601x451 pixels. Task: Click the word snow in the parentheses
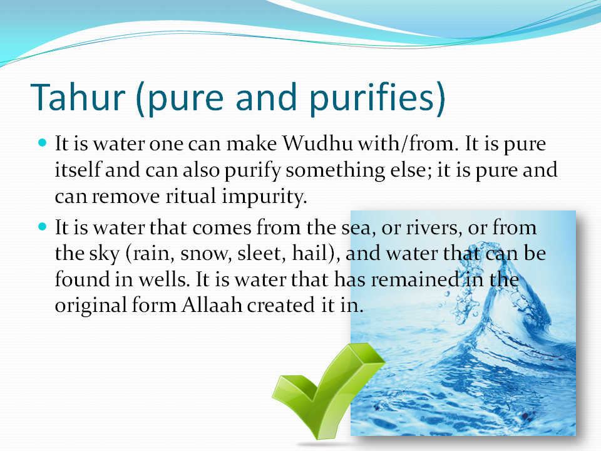tap(203, 254)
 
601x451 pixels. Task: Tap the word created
tap(280, 306)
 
